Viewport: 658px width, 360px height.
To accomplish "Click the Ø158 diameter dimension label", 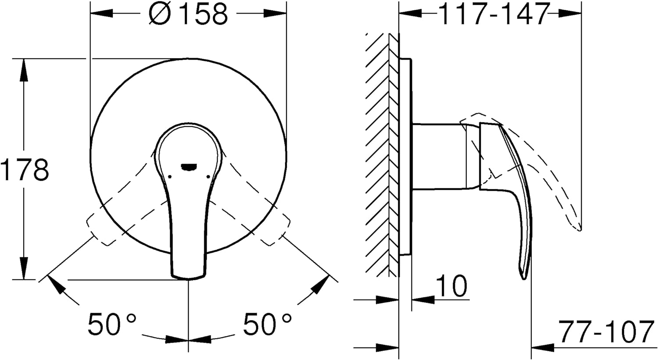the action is (188, 14).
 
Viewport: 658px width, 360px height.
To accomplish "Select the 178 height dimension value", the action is (25, 170).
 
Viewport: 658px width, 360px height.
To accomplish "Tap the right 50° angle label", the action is (268, 324).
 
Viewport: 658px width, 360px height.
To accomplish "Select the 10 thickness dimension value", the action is (451, 286).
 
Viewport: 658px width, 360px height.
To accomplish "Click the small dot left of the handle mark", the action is (169, 176).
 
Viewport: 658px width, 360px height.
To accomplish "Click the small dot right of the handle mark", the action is (208, 176).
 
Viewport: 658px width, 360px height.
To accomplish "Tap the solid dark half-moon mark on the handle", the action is (189, 167).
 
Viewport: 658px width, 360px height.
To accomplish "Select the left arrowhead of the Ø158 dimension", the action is (102, 13).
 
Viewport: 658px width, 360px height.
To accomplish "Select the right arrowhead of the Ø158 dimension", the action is (275, 13).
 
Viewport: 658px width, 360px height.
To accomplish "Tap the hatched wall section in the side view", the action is (382, 155).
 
